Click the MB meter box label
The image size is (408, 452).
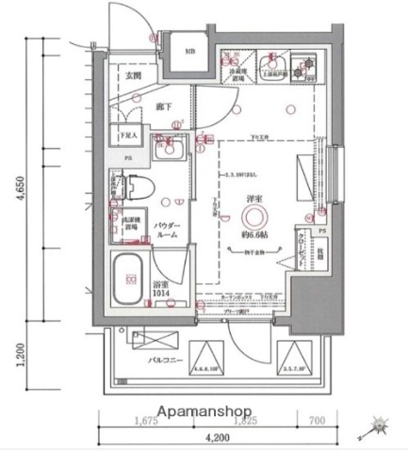(189, 53)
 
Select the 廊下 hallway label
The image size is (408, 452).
(161, 107)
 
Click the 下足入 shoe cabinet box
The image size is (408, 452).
(126, 136)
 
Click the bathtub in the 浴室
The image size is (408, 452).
(129, 277)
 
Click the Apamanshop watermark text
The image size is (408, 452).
(205, 412)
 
